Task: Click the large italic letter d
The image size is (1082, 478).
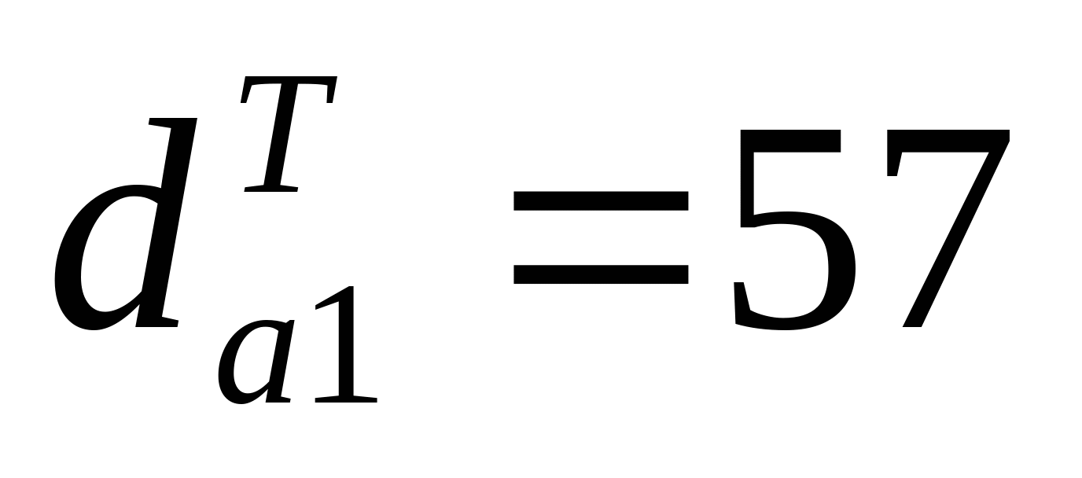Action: (x=118, y=236)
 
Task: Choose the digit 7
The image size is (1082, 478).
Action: (x=944, y=228)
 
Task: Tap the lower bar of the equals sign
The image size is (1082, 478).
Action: (x=602, y=273)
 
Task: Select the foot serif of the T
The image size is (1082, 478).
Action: (x=271, y=188)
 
